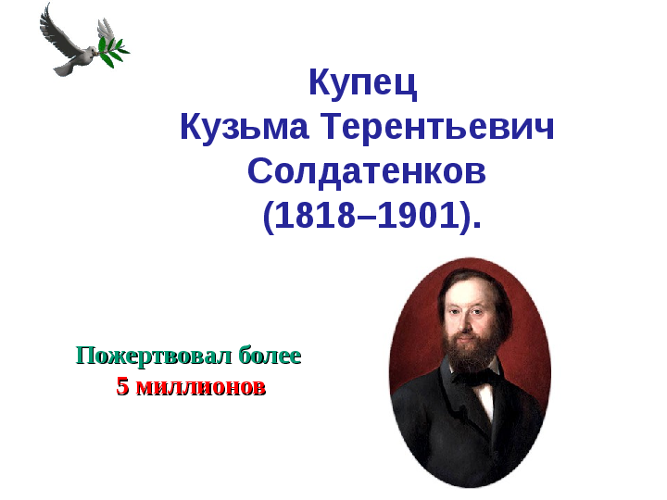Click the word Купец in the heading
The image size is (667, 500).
[363, 83]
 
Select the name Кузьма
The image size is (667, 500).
[245, 127]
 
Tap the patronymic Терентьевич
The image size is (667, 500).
[437, 126]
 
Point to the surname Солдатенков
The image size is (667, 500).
[367, 172]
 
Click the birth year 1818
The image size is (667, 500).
[315, 215]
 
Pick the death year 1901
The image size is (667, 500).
[418, 215]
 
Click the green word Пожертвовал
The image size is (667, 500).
[154, 356]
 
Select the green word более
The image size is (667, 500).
[270, 355]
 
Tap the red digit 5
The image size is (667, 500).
[122, 387]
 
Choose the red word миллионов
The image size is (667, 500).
[201, 387]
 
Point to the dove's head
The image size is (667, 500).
[91, 52]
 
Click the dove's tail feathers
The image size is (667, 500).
[64, 69]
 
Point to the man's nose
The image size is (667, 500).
[464, 324]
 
